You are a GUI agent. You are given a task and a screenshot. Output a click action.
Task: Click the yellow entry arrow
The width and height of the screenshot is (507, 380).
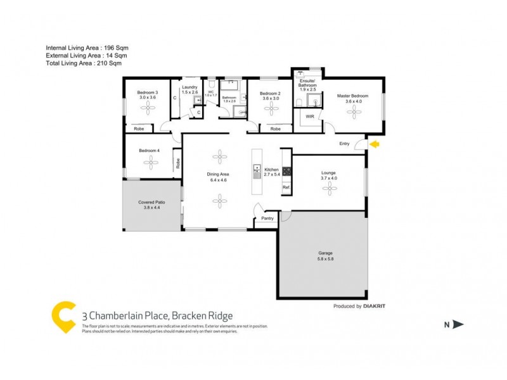coord(374,144)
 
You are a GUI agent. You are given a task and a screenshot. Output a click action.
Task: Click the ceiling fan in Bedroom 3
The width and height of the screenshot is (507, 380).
coord(147,108)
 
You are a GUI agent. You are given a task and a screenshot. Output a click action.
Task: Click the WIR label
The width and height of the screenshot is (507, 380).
coord(310,117)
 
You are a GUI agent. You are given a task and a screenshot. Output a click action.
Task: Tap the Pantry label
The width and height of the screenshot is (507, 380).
coord(267,219)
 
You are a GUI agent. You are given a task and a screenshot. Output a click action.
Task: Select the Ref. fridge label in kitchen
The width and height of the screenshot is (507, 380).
coord(286,187)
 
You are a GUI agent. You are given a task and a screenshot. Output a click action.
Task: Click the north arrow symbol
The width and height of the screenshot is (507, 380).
coord(458,324)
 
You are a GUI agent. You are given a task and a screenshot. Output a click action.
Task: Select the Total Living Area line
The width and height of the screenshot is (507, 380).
coord(84,63)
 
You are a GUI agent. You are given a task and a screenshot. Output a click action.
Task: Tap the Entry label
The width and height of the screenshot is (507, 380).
coord(344,144)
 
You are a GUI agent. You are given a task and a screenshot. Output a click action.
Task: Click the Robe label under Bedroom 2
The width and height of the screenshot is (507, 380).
coord(276,129)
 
